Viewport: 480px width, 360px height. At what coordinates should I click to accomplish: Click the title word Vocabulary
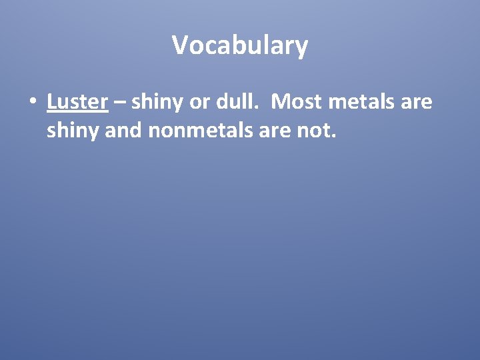click(240, 45)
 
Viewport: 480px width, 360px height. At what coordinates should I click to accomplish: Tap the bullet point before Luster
click(31, 103)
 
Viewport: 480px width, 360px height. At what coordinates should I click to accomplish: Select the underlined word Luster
click(77, 102)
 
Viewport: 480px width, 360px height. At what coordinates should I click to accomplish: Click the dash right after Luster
click(120, 103)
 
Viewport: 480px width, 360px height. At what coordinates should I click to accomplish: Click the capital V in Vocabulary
click(180, 45)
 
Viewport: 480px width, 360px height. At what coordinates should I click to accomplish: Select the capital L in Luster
click(51, 102)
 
